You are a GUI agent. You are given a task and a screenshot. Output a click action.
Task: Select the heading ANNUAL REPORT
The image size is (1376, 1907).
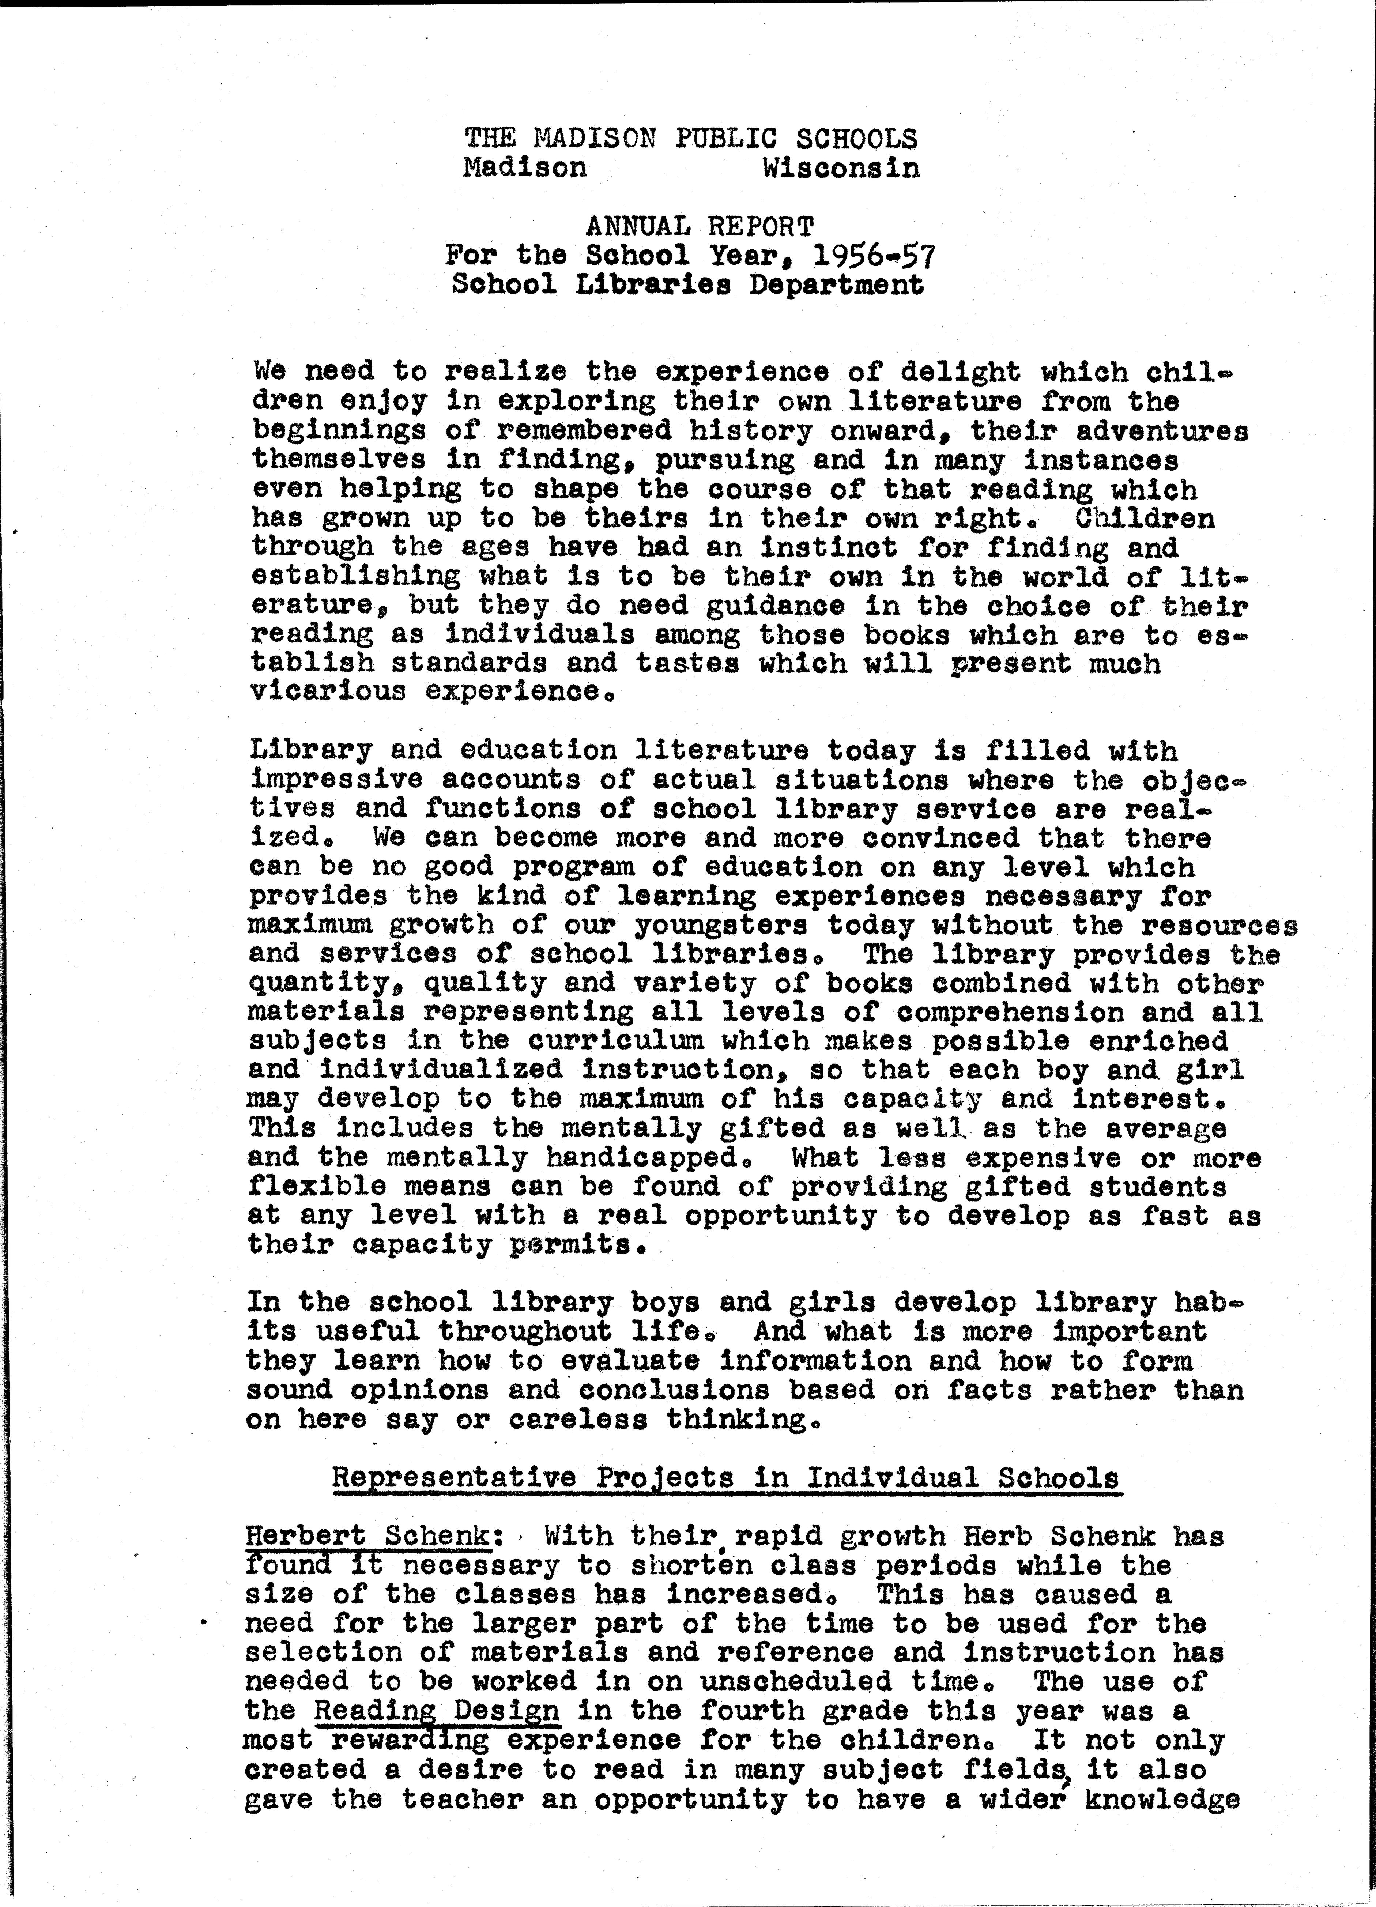[700, 226]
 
